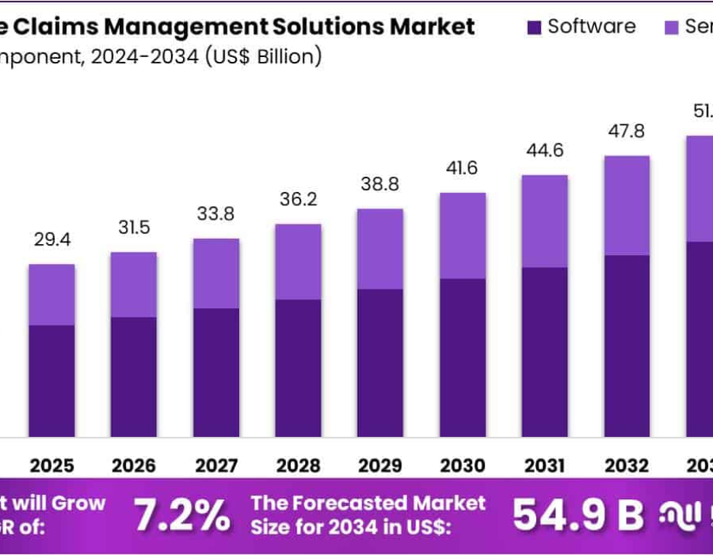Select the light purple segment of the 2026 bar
tap(134, 285)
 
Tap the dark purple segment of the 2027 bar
tap(216, 372)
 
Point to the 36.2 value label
tap(299, 199)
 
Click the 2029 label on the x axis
tap(381, 465)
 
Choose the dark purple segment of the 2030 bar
tap(463, 357)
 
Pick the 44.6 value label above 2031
tap(545, 150)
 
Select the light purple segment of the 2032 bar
tap(627, 205)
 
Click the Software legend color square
tap(534, 27)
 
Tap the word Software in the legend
tap(592, 26)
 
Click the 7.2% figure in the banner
tap(181, 515)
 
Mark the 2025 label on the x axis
tap(51, 465)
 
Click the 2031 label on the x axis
tap(545, 465)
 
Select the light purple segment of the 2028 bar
tap(299, 262)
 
